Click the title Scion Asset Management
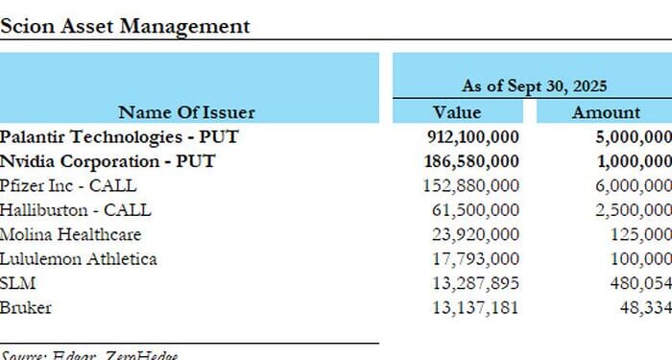tap(125, 26)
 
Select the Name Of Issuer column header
tap(186, 112)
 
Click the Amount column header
tap(606, 112)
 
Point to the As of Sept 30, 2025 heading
tap(531, 85)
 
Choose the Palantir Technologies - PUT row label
tap(119, 136)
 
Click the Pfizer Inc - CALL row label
tap(68, 185)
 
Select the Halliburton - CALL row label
tap(76, 209)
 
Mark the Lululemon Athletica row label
tap(79, 258)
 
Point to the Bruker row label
tap(26, 307)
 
